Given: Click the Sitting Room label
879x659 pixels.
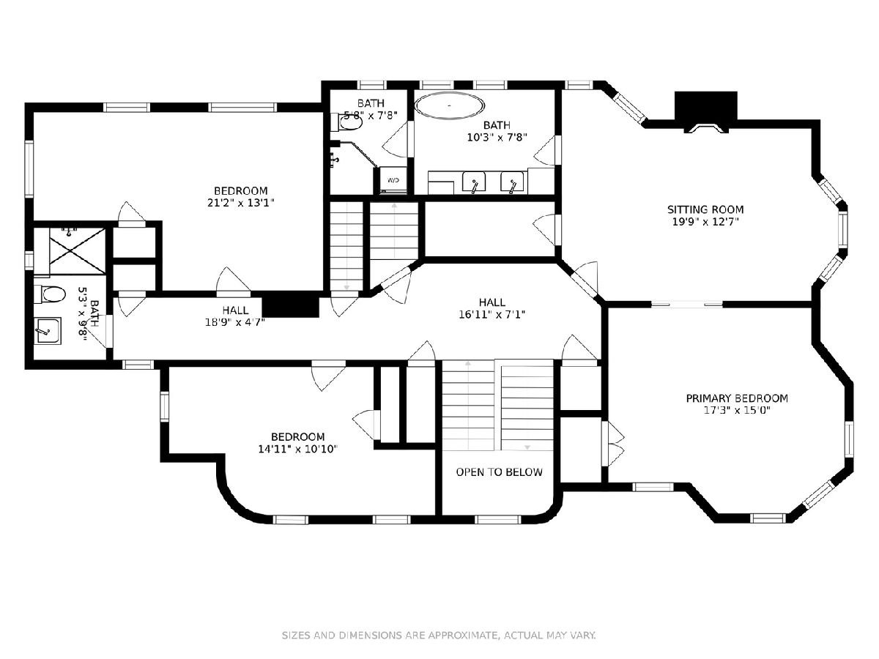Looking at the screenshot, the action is point(705,209).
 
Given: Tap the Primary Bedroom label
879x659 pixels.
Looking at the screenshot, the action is point(737,398).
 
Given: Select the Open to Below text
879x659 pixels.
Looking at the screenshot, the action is point(499,472).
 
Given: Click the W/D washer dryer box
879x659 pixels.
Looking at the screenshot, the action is point(393,180).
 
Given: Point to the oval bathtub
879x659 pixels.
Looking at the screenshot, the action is point(449,105).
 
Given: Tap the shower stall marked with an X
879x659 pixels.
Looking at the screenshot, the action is point(78,251).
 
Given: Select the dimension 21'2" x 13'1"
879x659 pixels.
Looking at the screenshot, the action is point(240,203).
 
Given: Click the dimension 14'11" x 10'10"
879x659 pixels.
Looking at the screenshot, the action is point(297,449).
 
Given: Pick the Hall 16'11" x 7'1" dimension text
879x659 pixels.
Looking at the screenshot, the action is point(492,315).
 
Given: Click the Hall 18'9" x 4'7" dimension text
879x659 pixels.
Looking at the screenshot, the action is point(235,322).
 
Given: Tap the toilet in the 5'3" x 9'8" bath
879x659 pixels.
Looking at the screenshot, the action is point(50,295).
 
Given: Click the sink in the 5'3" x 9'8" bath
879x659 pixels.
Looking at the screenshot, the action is point(49,331).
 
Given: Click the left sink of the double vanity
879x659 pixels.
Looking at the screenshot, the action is point(474,182).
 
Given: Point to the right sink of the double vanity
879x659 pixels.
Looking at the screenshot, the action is point(513,182).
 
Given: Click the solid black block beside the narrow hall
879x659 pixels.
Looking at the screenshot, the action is point(290,307).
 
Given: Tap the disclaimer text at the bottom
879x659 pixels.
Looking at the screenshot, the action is point(439,635).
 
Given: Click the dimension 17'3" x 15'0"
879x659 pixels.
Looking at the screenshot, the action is point(737,411).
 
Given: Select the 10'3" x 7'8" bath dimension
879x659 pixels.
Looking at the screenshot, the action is point(497,137).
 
